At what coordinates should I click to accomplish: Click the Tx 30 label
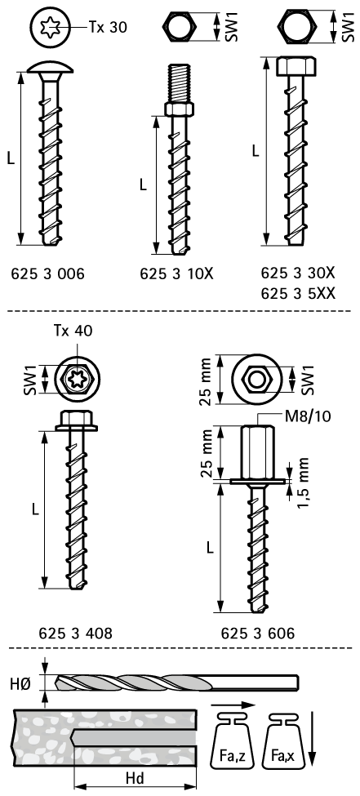pyautogui.click(x=108, y=27)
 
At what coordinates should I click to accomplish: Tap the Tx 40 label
pyautogui.click(x=73, y=331)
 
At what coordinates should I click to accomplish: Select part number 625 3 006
pyautogui.click(x=47, y=274)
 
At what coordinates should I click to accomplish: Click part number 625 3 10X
pyautogui.click(x=176, y=274)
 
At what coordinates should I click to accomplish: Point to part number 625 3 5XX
pyautogui.click(x=298, y=294)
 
